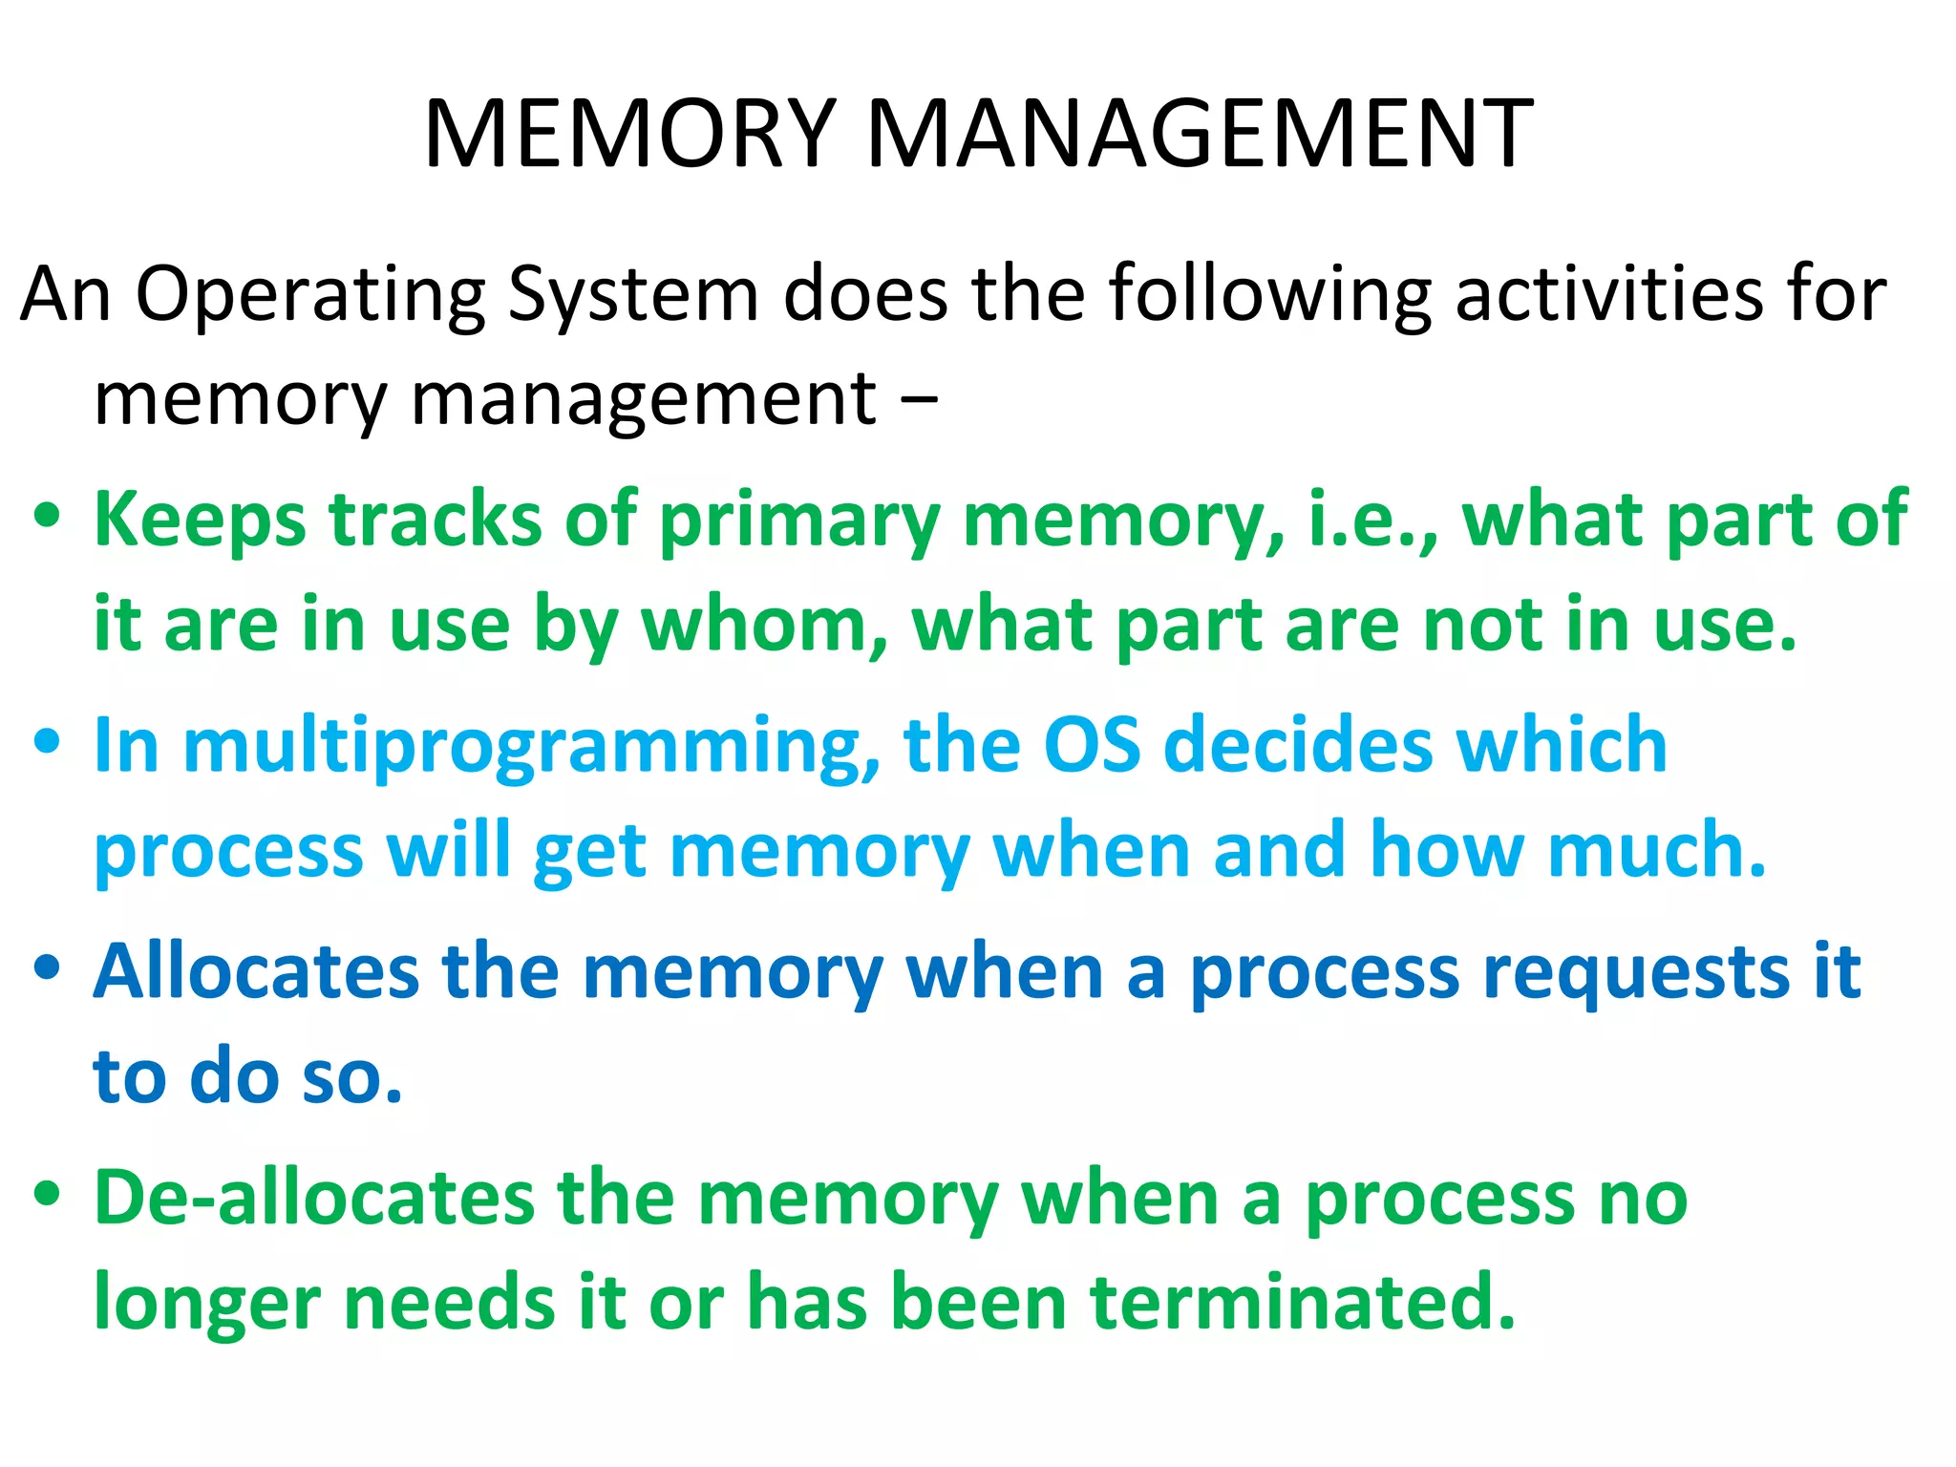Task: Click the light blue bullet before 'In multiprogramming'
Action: tap(47, 741)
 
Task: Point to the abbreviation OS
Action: tap(1092, 745)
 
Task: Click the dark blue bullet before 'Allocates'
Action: tap(47, 967)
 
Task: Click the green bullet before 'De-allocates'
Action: tap(47, 1193)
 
